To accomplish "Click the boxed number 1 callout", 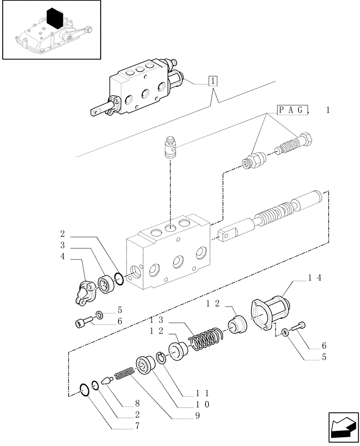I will point(213,81).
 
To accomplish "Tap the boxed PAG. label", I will point(292,110).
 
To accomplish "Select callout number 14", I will point(315,277).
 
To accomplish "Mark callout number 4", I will point(63,256).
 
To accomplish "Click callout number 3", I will point(63,245).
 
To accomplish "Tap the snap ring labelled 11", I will point(162,357).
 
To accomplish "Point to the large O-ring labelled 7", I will point(83,389).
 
